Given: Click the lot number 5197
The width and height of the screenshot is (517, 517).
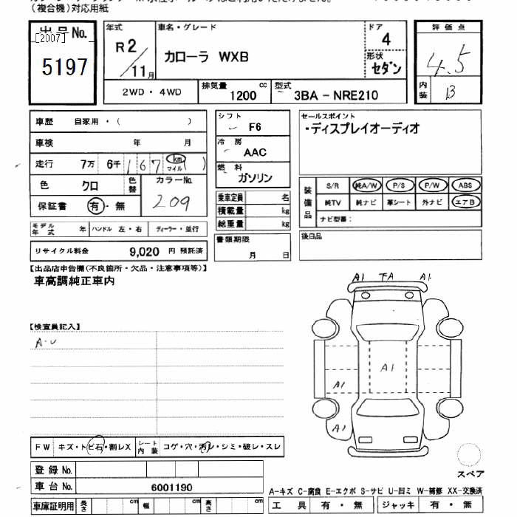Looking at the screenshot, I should [x=65, y=68].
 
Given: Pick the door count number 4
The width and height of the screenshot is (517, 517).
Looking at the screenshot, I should [x=386, y=40].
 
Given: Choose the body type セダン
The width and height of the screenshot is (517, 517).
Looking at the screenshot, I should [x=386, y=69].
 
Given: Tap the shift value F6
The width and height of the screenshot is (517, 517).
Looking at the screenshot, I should [x=255, y=127].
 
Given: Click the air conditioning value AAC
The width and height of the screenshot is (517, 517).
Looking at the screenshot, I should [x=255, y=152].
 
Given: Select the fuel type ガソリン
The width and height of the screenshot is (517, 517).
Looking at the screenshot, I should [x=255, y=178].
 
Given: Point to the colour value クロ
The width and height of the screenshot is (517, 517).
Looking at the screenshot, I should [x=90, y=186].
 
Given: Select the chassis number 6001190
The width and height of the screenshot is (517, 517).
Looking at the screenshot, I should [x=171, y=487].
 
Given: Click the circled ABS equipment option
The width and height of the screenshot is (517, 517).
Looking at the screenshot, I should [x=465, y=185].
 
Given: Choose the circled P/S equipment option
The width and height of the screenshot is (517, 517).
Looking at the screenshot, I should [x=399, y=185].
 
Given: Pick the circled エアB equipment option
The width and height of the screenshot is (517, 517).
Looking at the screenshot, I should [x=465, y=202].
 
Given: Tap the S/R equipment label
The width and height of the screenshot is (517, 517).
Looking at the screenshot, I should [x=332, y=185].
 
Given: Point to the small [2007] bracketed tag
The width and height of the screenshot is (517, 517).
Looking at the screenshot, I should [x=49, y=37].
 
